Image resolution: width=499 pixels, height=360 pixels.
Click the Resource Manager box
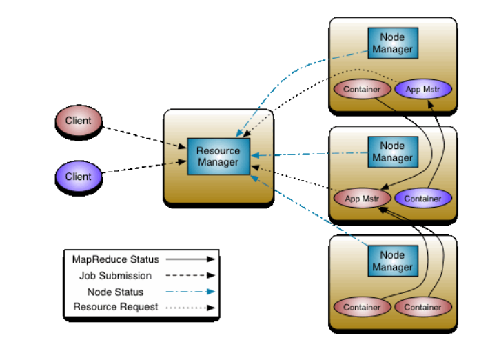[218, 157]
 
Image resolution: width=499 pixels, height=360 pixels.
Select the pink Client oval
[78, 121]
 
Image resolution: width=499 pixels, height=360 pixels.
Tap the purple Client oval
[78, 177]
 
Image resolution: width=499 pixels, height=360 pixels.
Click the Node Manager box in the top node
[392, 43]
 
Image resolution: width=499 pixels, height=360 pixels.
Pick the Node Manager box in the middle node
[392, 152]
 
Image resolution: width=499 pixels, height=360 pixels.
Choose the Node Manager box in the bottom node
[392, 261]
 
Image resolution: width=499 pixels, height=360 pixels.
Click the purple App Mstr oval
[423, 89]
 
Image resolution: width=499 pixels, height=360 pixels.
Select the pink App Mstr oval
[362, 199]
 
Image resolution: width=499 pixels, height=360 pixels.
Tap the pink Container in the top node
[362, 89]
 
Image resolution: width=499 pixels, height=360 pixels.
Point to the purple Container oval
[423, 199]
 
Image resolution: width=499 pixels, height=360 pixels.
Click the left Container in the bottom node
[362, 307]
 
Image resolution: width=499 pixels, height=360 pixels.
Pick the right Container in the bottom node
[423, 307]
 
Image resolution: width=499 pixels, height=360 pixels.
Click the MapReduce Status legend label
[115, 259]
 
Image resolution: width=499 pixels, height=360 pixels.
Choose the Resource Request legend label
[116, 307]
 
